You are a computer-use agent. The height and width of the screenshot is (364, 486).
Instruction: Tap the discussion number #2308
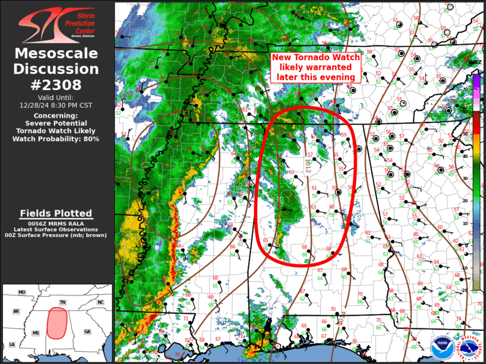[x=56, y=84]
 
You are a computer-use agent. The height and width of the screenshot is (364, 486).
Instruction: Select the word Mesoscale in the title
[x=56, y=54]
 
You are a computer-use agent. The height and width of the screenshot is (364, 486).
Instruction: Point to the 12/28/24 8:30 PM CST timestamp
[x=56, y=104]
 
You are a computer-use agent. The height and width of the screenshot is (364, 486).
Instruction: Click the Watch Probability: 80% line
[x=56, y=139]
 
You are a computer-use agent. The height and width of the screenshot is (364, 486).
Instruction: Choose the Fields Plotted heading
[x=56, y=213]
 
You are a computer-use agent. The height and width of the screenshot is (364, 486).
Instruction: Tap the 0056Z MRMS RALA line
[x=56, y=223]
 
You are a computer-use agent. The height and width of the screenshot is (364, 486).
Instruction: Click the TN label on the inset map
[x=63, y=303]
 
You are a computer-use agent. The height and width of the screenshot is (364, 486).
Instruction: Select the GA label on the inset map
[x=87, y=331]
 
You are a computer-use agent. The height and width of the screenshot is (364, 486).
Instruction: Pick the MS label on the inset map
[x=36, y=332]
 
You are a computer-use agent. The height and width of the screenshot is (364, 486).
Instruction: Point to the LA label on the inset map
[x=12, y=344]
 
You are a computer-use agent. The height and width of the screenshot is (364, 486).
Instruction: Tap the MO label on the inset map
[x=22, y=293]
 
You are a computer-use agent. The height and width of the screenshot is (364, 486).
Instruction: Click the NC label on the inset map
[x=100, y=303]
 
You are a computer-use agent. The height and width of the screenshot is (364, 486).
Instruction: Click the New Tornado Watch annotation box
[x=316, y=67]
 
